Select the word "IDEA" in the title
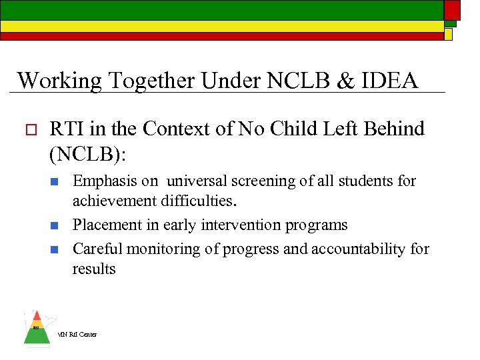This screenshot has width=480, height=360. (393, 80)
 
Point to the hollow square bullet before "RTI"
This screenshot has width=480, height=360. (27, 129)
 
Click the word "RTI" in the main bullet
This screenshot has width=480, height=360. (67, 128)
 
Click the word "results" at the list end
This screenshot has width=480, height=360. (94, 269)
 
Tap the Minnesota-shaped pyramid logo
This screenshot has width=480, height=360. (36, 328)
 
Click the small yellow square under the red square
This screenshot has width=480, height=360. (449, 33)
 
